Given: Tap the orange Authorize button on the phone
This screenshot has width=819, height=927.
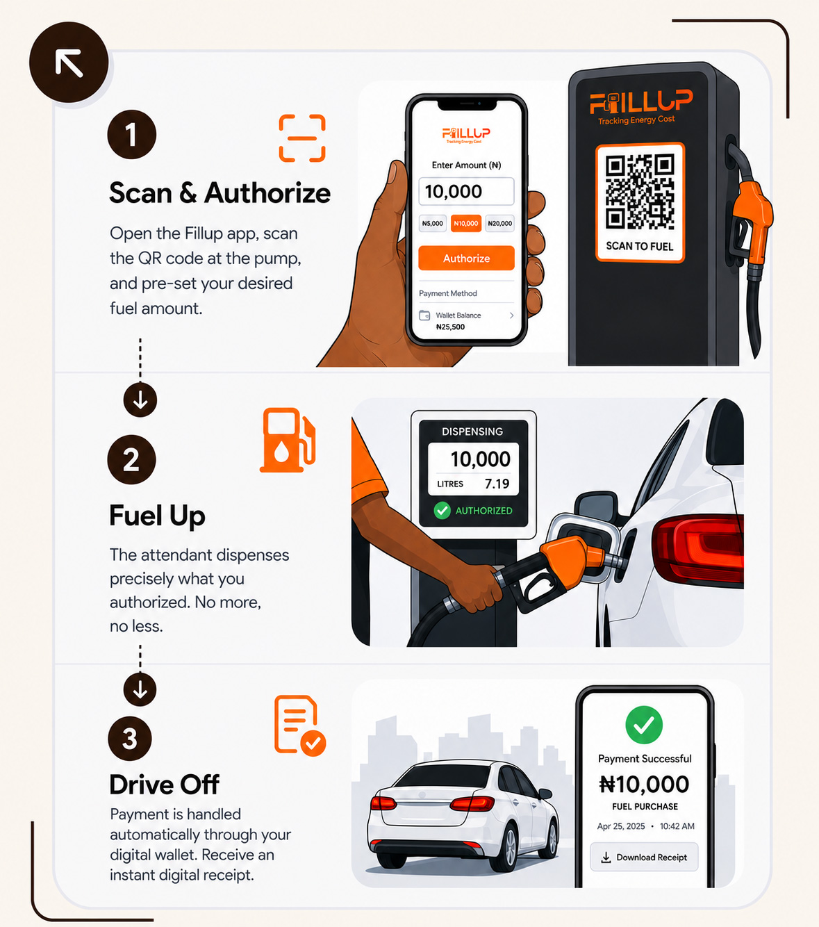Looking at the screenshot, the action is (x=466, y=258).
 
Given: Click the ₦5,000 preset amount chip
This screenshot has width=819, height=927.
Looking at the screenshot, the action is (x=432, y=223).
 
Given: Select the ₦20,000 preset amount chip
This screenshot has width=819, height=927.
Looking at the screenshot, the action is (x=499, y=223).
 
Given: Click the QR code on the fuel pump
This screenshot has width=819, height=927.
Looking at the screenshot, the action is (x=640, y=191).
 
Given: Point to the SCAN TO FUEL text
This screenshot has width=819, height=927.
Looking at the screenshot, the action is (x=640, y=246).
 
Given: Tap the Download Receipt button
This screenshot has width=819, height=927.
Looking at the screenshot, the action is (x=644, y=857).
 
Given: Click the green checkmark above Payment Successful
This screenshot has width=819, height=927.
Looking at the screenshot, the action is (x=644, y=724).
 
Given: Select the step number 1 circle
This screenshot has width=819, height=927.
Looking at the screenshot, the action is (x=132, y=134).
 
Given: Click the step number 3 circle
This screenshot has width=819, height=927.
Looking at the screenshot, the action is (x=130, y=738).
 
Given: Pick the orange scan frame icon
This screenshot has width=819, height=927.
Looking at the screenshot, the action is (x=302, y=138).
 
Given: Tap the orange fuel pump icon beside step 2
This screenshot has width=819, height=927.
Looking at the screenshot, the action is (x=288, y=440).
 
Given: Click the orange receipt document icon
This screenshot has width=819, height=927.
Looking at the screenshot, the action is (x=299, y=725).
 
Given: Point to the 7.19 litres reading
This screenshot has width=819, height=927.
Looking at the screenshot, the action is (x=497, y=484).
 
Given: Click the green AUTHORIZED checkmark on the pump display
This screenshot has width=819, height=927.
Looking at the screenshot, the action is (x=442, y=510).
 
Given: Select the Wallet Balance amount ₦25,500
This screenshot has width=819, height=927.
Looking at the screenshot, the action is (x=450, y=327).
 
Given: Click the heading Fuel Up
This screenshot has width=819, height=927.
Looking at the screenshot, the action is (x=158, y=516).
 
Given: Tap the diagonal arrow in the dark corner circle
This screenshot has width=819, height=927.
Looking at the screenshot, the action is (x=69, y=63).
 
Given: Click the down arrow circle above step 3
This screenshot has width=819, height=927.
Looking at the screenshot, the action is (x=140, y=689).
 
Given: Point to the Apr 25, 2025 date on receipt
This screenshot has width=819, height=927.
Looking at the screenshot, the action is (x=621, y=826).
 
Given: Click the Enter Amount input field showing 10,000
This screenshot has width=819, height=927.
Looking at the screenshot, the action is (x=466, y=191).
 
